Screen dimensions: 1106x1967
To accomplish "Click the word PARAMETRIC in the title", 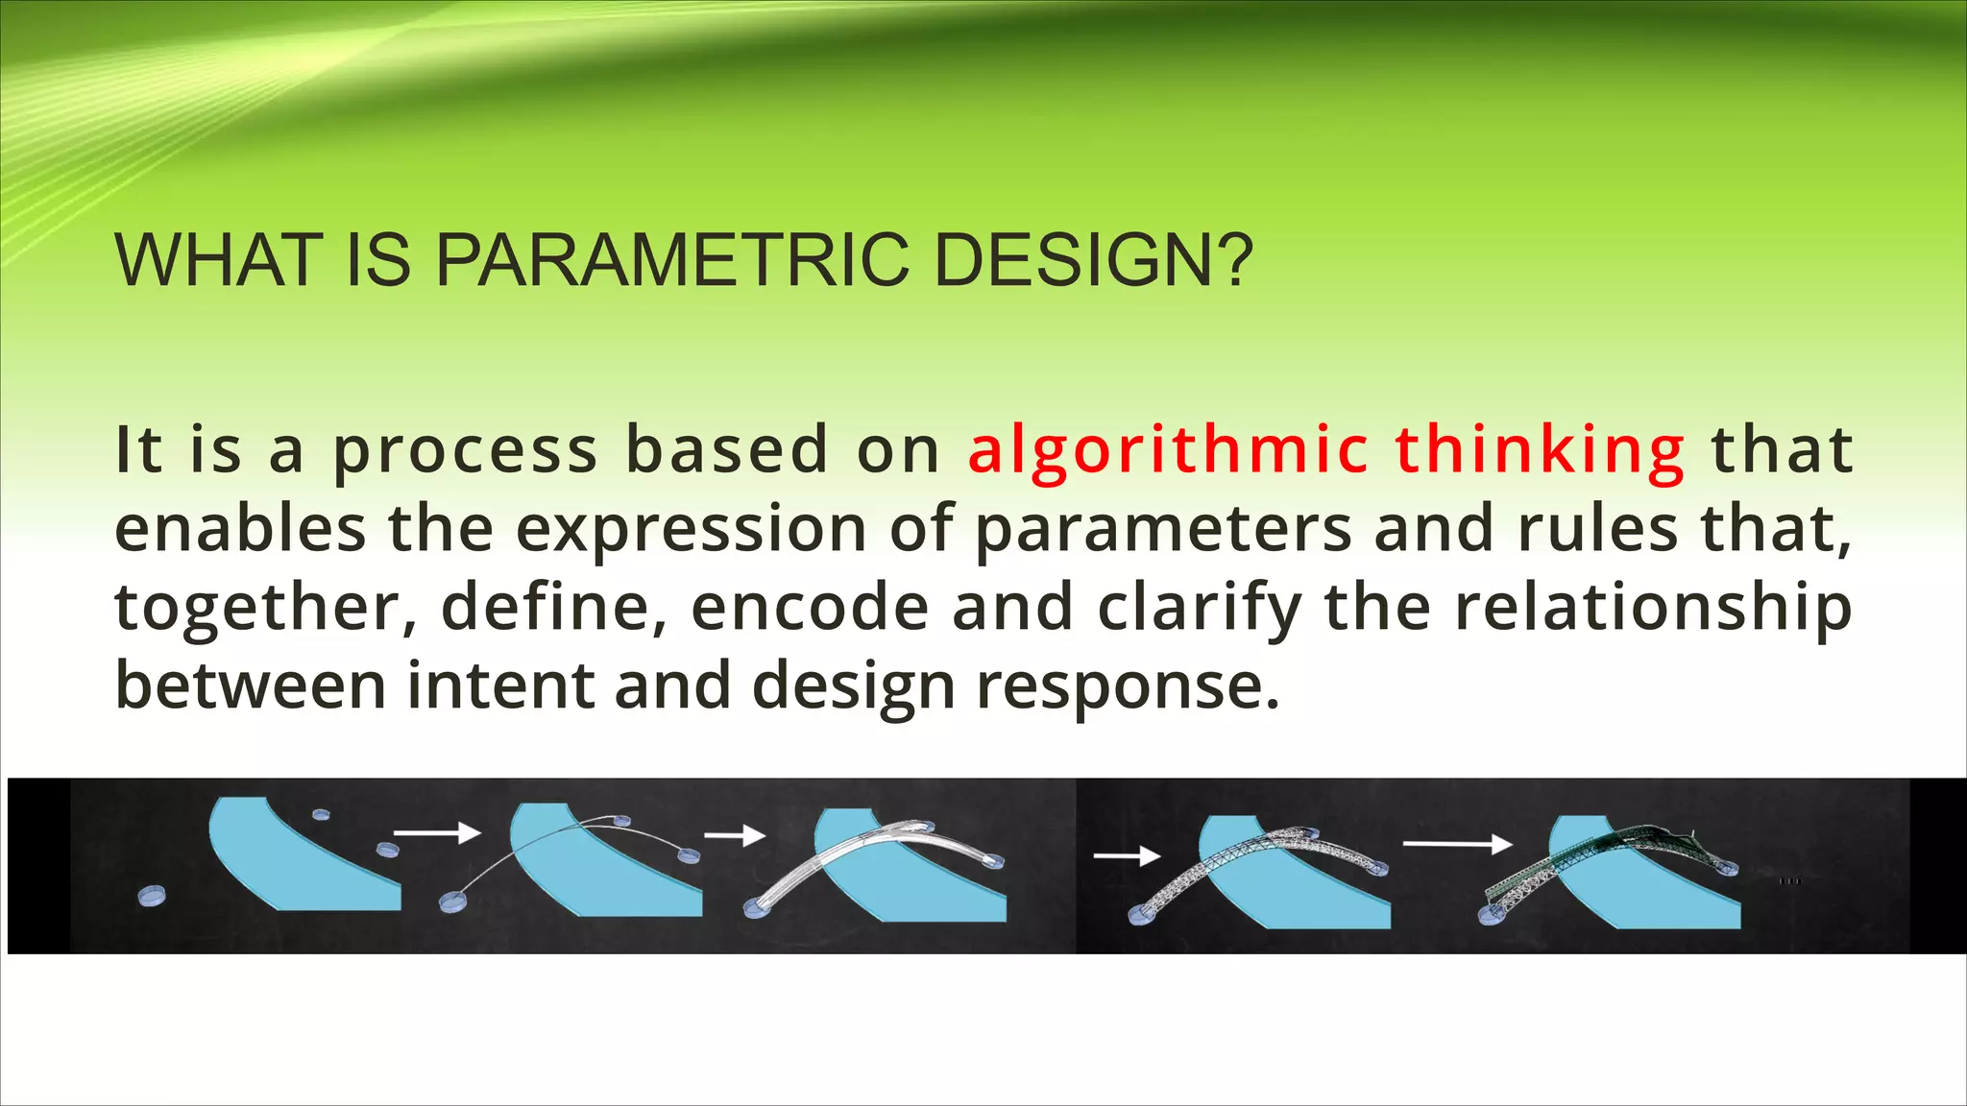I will pos(672,260).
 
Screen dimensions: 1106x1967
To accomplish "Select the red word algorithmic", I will pos(1168,450).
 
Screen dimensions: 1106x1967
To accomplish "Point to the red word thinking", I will pos(1540,450).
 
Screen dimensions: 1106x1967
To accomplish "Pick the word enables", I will pos(240,529).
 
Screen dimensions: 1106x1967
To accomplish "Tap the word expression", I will pos(692,531).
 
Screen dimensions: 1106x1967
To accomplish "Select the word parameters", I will pos(1163,531).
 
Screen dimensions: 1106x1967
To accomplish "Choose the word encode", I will pos(810,608).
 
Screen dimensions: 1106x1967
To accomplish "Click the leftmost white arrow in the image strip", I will pos(437,831).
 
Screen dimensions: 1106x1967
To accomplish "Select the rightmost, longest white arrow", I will pos(1457,844).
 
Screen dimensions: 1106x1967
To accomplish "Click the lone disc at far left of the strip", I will pos(152,897).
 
